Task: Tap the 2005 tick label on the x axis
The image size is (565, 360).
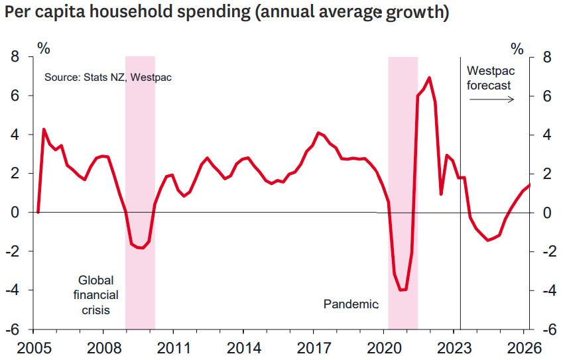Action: [34, 348]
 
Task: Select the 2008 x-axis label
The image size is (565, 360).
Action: [103, 348]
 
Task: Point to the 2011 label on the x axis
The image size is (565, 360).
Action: [173, 348]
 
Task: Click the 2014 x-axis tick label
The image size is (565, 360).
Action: [243, 348]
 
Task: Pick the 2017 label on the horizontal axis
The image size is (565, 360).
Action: [314, 348]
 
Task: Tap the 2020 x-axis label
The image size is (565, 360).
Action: [384, 348]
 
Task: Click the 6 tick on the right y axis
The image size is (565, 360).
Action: [548, 96]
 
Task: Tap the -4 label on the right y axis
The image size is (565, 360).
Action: [550, 290]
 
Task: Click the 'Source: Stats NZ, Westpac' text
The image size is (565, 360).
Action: [108, 78]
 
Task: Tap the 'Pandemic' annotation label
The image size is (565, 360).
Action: [351, 304]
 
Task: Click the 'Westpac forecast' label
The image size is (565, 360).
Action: [489, 78]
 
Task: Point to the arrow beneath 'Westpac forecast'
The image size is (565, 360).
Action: [491, 99]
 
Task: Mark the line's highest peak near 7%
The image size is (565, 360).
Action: [429, 78]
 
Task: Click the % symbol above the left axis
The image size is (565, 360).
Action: [43, 48]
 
